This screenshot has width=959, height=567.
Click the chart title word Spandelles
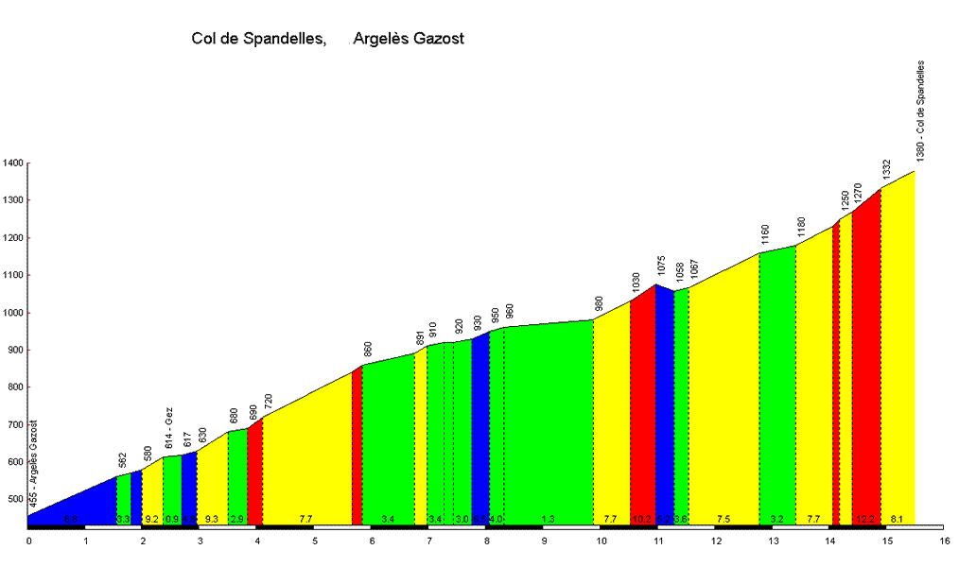coord(285,39)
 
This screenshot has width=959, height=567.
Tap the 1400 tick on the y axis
coord(12,163)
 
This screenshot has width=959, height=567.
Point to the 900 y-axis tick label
coord(14,351)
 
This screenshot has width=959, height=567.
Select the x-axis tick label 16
coord(944,541)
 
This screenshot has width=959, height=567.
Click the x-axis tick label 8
coord(487,541)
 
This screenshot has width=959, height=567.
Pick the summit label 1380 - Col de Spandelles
coord(920,111)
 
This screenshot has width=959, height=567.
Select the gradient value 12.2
coord(865,519)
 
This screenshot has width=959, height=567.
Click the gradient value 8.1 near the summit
coord(898,519)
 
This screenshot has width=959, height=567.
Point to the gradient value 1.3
coord(549,519)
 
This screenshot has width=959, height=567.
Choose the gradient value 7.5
coord(724,519)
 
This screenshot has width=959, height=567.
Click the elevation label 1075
coord(662,266)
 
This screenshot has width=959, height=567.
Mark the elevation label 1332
coord(887,170)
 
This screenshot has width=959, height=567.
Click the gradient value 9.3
coord(211,519)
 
